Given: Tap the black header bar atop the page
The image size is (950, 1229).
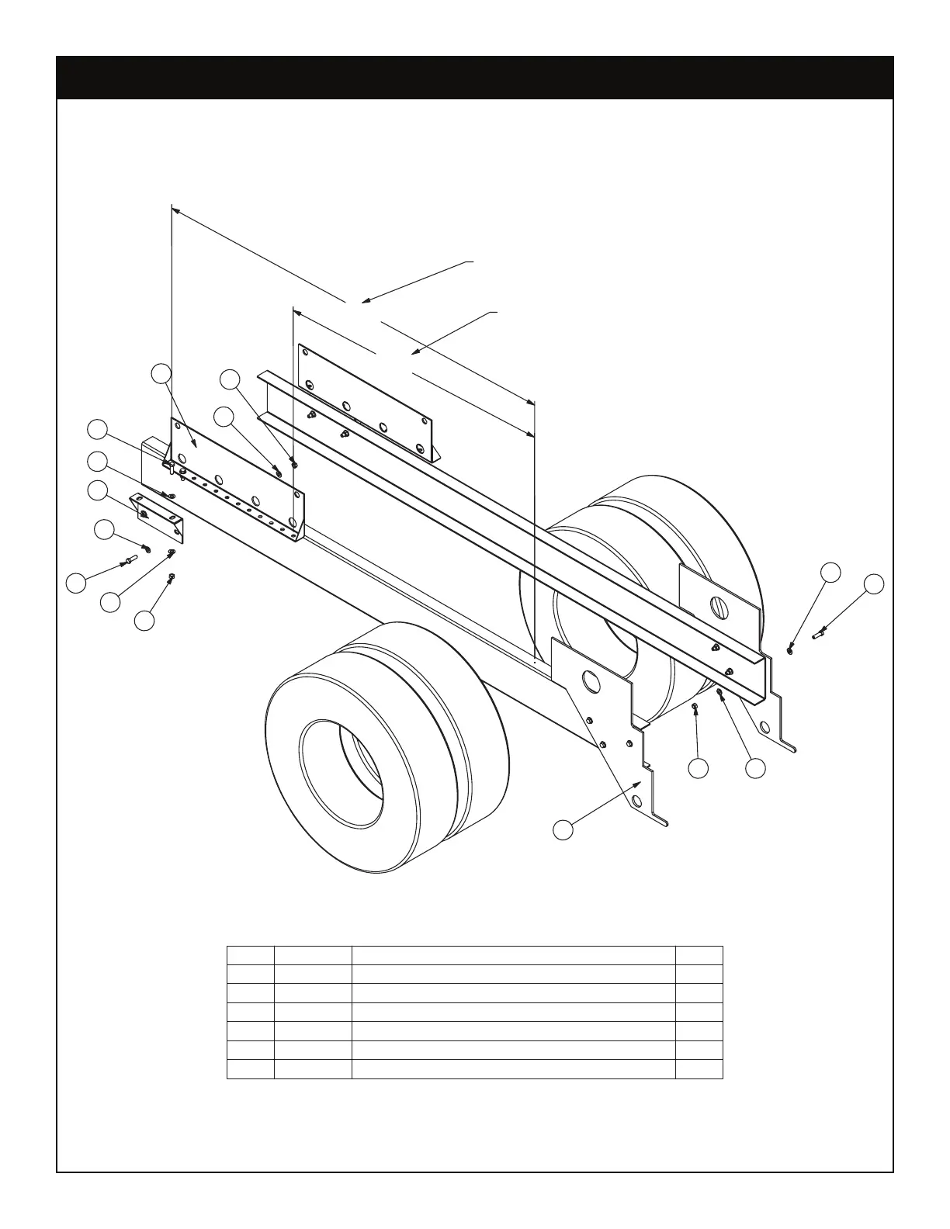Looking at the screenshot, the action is pyautogui.click(x=475, y=78).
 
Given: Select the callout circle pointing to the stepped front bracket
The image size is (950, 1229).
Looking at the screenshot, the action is pyautogui.click(x=563, y=829).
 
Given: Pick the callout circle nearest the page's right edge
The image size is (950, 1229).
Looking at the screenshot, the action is pyautogui.click(x=875, y=584).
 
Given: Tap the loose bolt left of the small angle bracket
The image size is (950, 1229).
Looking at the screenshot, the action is pyautogui.click(x=126, y=559).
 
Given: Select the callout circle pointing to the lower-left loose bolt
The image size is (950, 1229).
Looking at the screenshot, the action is pyautogui.click(x=75, y=583).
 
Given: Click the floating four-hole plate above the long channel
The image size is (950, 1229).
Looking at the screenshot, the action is pyautogui.click(x=365, y=402).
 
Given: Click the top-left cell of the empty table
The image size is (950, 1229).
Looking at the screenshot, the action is pyautogui.click(x=250, y=955).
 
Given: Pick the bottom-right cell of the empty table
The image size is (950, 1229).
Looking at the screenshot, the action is pyautogui.click(x=699, y=1068).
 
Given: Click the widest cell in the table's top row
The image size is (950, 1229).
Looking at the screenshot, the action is pyautogui.click(x=513, y=955).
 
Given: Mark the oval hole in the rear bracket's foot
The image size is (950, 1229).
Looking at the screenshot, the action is pyautogui.click(x=765, y=728).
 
